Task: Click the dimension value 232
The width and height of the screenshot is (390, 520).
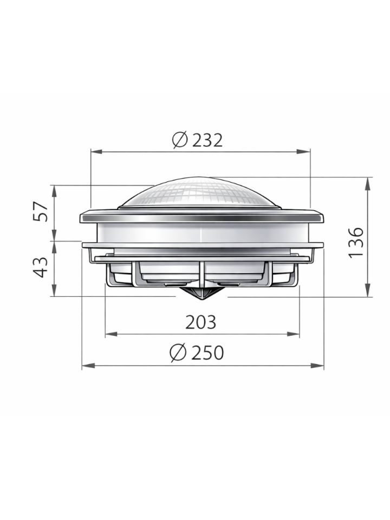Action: pyautogui.click(x=207, y=140)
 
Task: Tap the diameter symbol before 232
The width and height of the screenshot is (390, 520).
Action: pyautogui.click(x=180, y=140)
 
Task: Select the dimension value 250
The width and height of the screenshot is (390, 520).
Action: pyautogui.click(x=207, y=353)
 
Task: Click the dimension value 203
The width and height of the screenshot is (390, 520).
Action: pyautogui.click(x=200, y=322)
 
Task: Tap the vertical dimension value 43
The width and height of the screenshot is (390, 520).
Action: pyautogui.click(x=42, y=267)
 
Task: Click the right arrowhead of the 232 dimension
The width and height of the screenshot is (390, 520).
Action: pyautogui.click(x=306, y=152)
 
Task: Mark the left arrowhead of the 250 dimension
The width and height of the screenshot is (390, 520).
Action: pyautogui.click(x=86, y=366)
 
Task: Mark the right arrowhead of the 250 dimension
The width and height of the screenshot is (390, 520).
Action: pyautogui.click(x=320, y=366)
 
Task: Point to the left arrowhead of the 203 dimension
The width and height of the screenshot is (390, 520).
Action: pyautogui.click(x=109, y=334)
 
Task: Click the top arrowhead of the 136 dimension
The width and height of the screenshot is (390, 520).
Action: pyautogui.click(x=368, y=182)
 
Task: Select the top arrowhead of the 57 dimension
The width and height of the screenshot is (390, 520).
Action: pyautogui.click(x=54, y=190)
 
